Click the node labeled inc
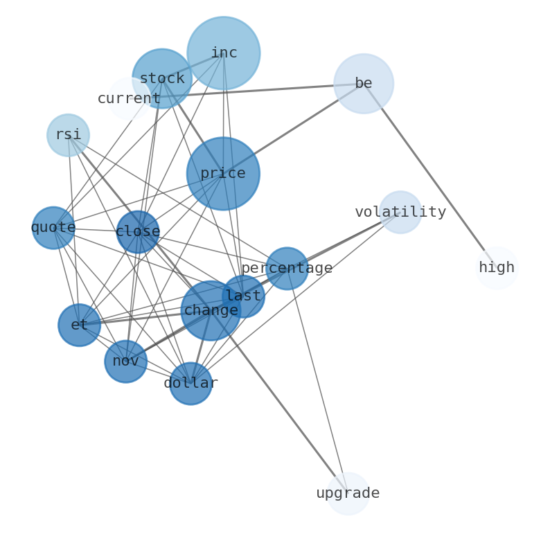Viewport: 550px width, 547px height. (223, 53)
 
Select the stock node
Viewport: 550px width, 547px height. (162, 78)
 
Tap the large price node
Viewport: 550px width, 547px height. (223, 173)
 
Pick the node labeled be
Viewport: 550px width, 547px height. (364, 83)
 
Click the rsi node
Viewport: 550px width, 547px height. (68, 135)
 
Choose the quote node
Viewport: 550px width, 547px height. (53, 228)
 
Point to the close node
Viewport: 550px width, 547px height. (138, 232)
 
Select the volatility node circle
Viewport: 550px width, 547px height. (400, 212)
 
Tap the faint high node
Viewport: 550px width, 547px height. (497, 267)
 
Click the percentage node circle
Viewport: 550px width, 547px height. (287, 268)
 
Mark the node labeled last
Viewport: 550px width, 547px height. (243, 296)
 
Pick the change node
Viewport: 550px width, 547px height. (211, 310)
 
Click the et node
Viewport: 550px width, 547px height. (79, 325)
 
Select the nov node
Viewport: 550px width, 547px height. (125, 361)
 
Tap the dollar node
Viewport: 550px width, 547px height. (190, 383)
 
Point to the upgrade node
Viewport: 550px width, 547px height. (348, 493)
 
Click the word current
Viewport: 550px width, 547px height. (129, 98)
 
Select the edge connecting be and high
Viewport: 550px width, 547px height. (429, 174)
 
